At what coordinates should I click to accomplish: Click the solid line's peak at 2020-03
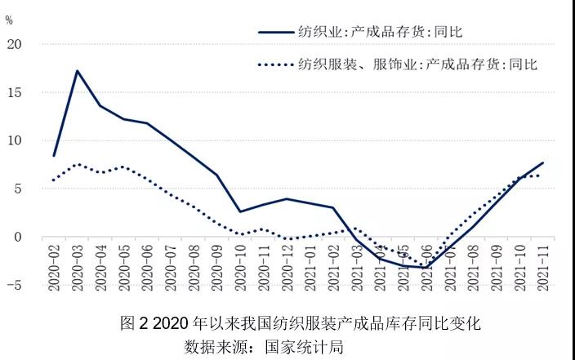coord(77,71)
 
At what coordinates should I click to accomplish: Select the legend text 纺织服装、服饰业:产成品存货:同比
coord(418,64)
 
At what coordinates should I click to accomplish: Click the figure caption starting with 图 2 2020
coord(299,323)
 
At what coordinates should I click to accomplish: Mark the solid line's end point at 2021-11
coord(542,163)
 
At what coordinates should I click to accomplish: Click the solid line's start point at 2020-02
coord(54,155)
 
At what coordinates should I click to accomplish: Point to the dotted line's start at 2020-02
coord(54,180)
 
